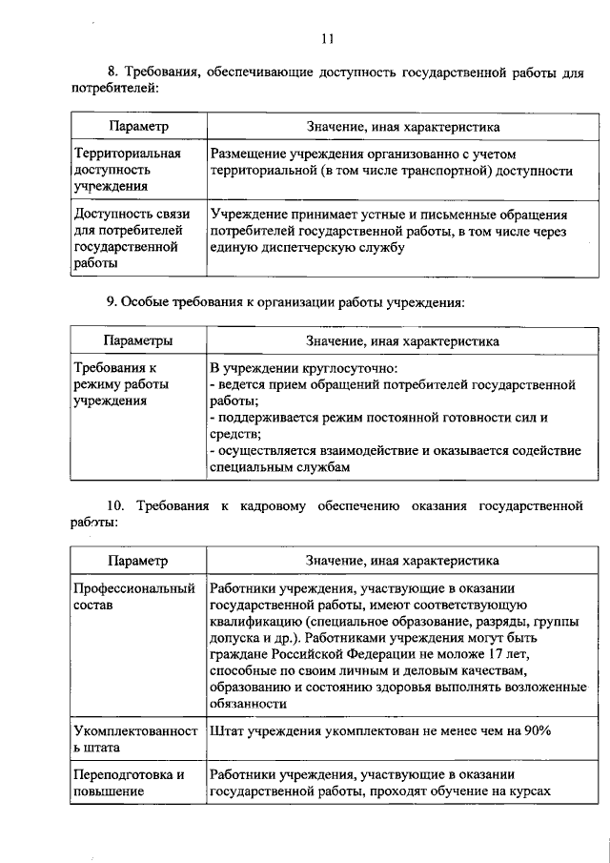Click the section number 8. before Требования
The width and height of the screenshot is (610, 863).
[x=112, y=73]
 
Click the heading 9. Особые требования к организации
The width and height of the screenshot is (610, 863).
[x=285, y=302]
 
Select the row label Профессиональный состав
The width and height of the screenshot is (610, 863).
[x=133, y=596]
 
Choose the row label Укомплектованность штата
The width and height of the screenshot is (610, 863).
[x=133, y=738]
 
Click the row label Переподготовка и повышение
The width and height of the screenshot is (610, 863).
[x=129, y=782]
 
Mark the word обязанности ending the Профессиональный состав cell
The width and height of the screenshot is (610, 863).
[x=248, y=703]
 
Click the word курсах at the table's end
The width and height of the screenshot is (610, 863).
[x=530, y=791]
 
